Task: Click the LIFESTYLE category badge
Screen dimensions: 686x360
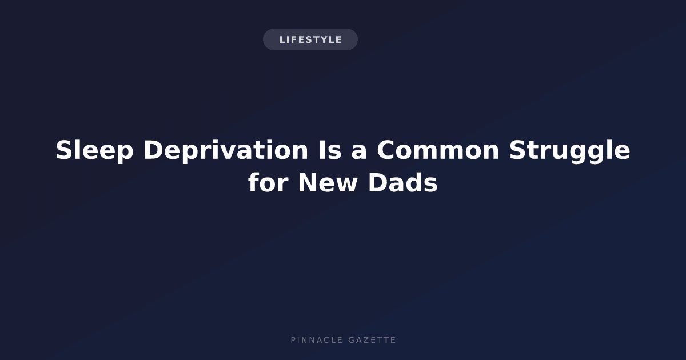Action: tap(310, 39)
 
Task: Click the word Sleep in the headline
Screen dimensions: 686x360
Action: tap(95, 150)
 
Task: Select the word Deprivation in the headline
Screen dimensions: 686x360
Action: tap(226, 150)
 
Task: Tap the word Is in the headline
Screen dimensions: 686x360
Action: tap(330, 150)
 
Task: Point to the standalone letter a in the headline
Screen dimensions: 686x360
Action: tap(359, 153)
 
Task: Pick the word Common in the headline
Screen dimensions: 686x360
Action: tap(438, 150)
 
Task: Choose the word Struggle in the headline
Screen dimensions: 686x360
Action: tap(570, 150)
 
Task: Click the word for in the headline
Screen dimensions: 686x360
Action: tap(268, 182)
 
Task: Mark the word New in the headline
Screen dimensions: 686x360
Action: tap(328, 182)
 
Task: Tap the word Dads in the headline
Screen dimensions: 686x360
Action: tap(403, 182)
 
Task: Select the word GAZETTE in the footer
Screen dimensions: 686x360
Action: tap(372, 340)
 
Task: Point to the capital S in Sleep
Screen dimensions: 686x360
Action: tap(64, 150)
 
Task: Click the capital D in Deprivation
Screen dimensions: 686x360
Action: tap(153, 150)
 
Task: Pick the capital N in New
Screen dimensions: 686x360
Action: tap(308, 182)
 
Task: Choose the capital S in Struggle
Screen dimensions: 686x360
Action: tap(518, 150)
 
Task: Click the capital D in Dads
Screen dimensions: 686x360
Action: tap(378, 182)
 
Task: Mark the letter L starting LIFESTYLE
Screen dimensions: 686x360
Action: tap(282, 39)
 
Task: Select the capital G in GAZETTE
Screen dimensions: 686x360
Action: tap(351, 340)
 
